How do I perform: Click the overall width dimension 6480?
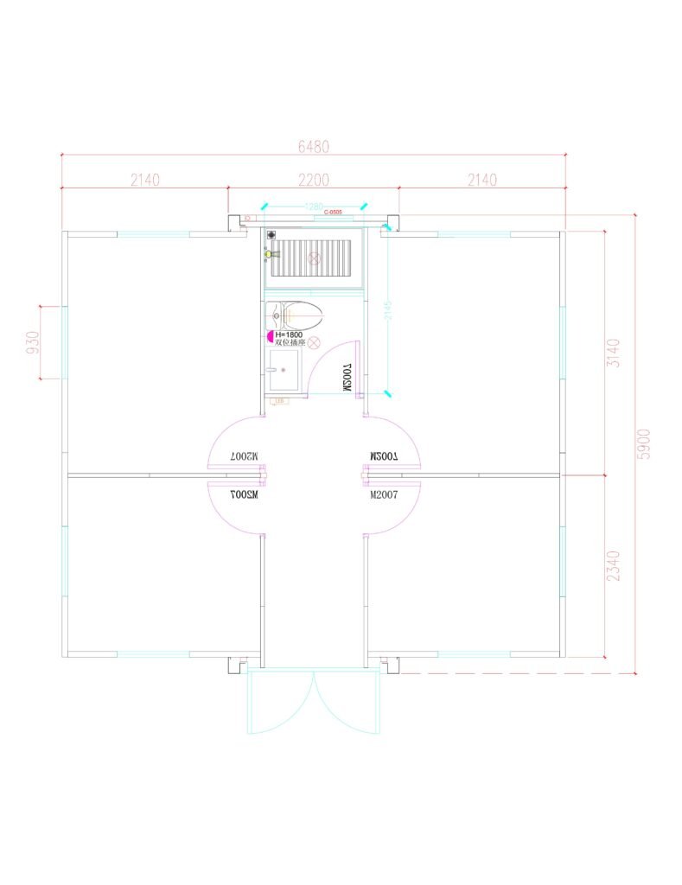click(314, 147)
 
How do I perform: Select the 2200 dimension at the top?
click(314, 180)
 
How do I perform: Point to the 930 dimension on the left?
click(34, 342)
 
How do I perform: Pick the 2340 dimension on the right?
click(613, 565)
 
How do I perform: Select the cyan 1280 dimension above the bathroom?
click(314, 207)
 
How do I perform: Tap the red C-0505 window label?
click(334, 212)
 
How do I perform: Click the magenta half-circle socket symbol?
click(271, 335)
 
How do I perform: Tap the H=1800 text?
click(289, 334)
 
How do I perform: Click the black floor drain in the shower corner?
click(271, 234)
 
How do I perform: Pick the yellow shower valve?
click(270, 254)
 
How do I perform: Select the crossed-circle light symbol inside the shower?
click(316, 258)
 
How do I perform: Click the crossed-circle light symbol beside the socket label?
click(317, 343)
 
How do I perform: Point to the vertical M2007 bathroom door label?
click(347, 379)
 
